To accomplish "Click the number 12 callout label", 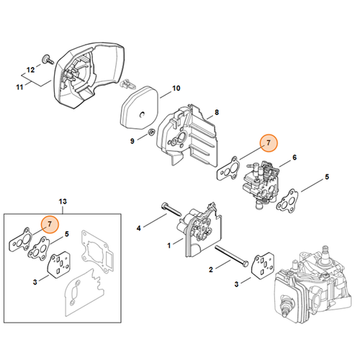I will [30, 70].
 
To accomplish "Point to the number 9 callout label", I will [132, 141].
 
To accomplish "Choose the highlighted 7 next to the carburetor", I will [269, 144].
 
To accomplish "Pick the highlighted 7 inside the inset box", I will [50, 225].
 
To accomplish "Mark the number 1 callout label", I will [169, 246].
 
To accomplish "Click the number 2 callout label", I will [210, 270].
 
